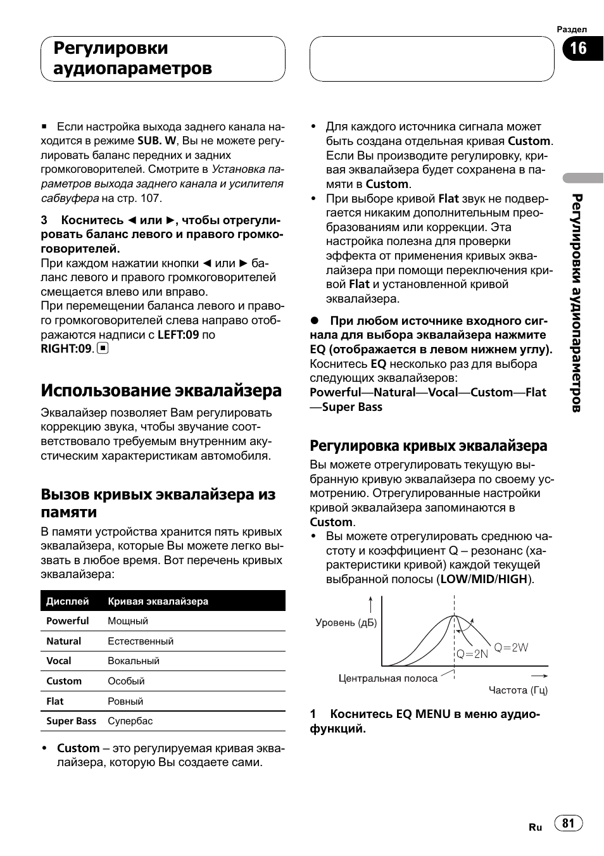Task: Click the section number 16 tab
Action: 579,49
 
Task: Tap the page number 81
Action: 568,822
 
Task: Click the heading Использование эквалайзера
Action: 161,390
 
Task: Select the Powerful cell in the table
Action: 67,621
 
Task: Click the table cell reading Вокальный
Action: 133,661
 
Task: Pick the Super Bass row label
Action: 71,721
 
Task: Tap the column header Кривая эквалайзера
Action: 158,601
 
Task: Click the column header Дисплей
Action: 67,601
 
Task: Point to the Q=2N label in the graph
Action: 472,654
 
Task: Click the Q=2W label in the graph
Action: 511,647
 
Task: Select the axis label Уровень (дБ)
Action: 346,623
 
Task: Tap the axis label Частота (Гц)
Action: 518,690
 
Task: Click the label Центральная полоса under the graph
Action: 387,679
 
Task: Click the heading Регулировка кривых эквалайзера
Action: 428,446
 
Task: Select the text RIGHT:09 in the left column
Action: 66,349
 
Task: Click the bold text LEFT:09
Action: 179,335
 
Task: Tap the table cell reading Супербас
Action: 130,721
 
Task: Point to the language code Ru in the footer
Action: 535,828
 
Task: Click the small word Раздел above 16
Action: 572,30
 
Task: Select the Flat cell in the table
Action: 55,702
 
